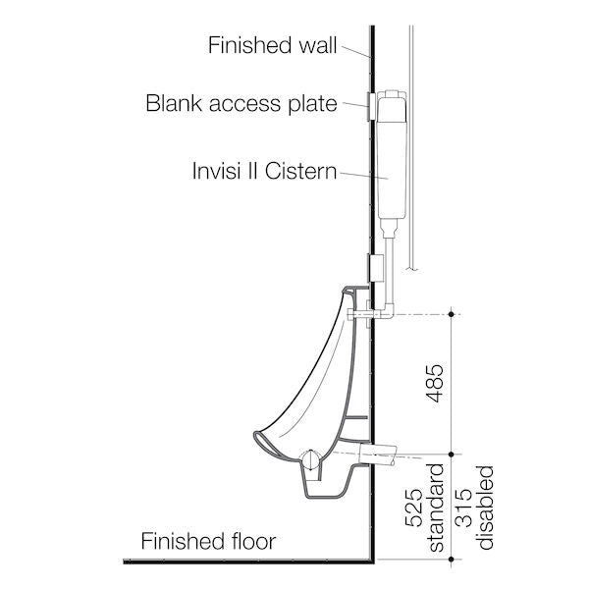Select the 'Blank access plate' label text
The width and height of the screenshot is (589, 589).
click(241, 102)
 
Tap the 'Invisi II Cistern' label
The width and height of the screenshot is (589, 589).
click(264, 172)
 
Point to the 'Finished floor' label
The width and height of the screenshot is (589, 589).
click(208, 541)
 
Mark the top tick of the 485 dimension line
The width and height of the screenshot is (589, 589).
click(451, 313)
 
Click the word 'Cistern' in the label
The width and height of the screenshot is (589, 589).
click(305, 172)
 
